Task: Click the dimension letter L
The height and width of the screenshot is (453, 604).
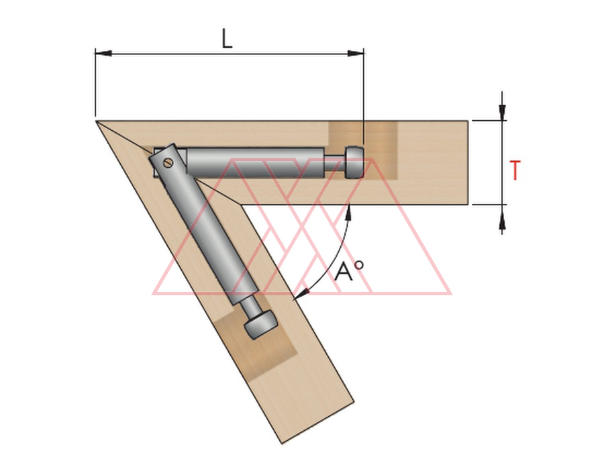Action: coord(228,38)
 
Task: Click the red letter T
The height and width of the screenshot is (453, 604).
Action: coord(515,170)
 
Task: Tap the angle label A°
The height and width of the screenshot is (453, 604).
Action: coord(348,271)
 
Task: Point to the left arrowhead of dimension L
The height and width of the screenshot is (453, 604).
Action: coord(103,53)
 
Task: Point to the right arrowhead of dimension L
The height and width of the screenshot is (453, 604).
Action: coord(355,53)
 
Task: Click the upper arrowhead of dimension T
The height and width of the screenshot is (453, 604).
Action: coord(501,112)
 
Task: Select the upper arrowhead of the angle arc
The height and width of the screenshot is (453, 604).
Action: coord(348,212)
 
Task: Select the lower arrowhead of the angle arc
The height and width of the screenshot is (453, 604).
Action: coord(301,293)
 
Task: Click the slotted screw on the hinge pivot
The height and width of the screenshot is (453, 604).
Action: coord(168,163)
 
